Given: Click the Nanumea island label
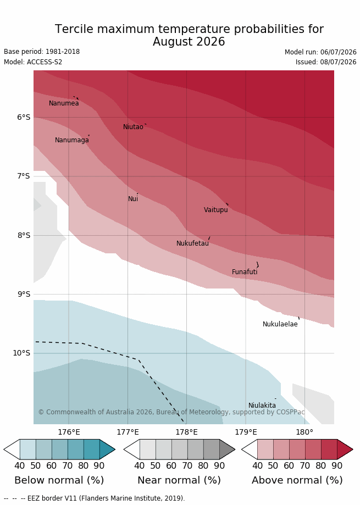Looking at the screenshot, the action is (x=64, y=103).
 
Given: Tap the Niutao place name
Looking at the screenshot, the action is (x=133, y=127).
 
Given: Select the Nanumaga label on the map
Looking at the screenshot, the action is (x=72, y=140).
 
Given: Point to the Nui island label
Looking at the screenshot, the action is (x=133, y=199).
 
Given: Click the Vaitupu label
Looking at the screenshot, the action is (x=216, y=210).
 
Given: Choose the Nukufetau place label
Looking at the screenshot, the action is (x=192, y=243).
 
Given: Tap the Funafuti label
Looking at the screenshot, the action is (x=245, y=272).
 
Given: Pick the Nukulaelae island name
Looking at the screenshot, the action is (x=280, y=324).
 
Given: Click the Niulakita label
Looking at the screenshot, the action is (x=262, y=406).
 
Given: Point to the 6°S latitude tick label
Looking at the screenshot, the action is (x=24, y=117).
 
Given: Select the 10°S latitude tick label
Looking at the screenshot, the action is (x=21, y=353).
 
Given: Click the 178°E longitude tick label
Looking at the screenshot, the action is (x=186, y=432).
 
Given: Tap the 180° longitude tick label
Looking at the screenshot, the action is (x=304, y=432).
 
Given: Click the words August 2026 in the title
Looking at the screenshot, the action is (x=189, y=42).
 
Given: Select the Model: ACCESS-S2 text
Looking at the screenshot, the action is (x=33, y=62).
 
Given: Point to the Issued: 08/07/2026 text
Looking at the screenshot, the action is (x=326, y=62).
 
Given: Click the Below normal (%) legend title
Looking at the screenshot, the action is (x=59, y=480).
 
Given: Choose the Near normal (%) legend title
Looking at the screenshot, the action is (x=179, y=480).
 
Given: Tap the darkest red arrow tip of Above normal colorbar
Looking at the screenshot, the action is (x=352, y=449).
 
